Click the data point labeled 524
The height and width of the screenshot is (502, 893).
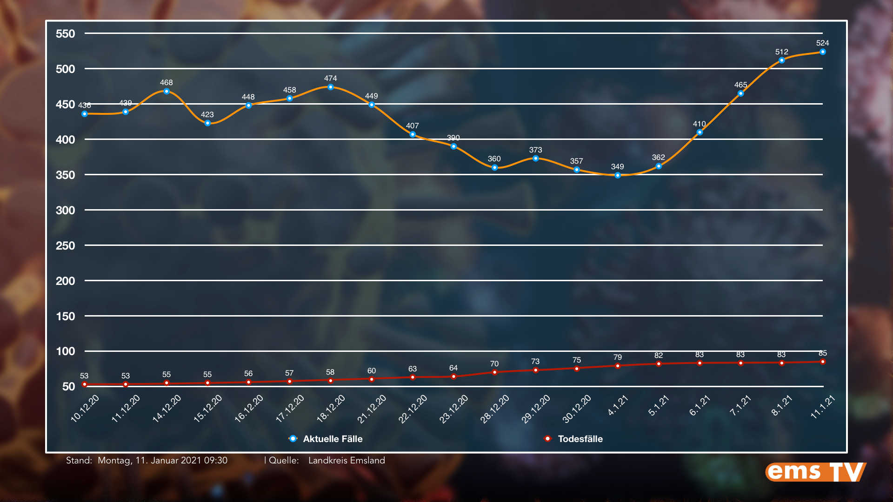pyautogui.click(x=822, y=52)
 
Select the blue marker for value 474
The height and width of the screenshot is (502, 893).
pyautogui.click(x=330, y=87)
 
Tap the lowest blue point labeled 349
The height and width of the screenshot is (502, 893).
pyautogui.click(x=617, y=176)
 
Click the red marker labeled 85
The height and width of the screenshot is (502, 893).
pyautogui.click(x=822, y=362)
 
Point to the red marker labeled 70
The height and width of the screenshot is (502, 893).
pyautogui.click(x=494, y=372)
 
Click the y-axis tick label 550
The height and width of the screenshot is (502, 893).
pyautogui.click(x=65, y=34)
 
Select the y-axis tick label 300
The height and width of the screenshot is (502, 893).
pyautogui.click(x=65, y=211)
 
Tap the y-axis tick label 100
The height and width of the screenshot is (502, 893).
pyautogui.click(x=65, y=351)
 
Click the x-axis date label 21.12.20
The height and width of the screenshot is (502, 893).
pyautogui.click(x=372, y=409)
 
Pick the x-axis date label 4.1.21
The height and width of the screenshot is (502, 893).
pyautogui.click(x=618, y=405)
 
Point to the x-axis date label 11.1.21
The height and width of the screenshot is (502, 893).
pyautogui.click(x=823, y=407)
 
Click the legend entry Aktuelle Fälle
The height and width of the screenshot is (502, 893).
pyautogui.click(x=332, y=439)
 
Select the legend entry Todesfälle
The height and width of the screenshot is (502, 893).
pyautogui.click(x=580, y=439)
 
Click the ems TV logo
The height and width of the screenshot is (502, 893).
pyautogui.click(x=815, y=472)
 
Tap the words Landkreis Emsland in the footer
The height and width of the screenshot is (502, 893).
pyautogui.click(x=347, y=460)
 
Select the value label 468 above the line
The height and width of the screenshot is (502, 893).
pyautogui.click(x=166, y=83)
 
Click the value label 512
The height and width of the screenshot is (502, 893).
pyautogui.click(x=781, y=52)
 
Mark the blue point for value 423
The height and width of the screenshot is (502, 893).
pyautogui.click(x=207, y=123)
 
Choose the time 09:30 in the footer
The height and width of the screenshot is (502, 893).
pyautogui.click(x=216, y=460)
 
